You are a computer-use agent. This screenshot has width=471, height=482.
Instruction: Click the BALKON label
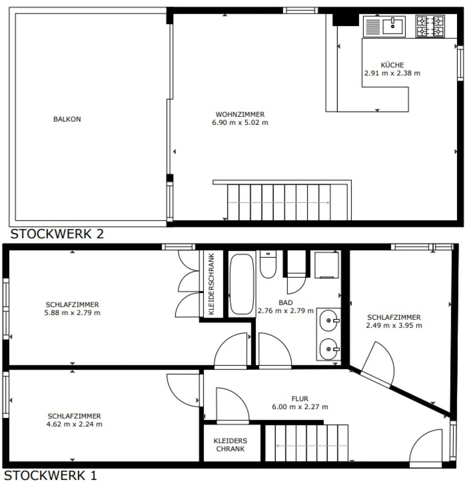[67, 119]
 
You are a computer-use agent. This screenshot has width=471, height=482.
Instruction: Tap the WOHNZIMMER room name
[240, 115]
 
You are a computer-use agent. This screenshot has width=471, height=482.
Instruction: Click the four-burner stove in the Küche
[430, 26]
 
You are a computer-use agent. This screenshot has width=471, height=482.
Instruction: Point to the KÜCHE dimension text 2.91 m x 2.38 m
[392, 73]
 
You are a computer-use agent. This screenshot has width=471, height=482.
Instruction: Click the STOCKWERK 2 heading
[57, 234]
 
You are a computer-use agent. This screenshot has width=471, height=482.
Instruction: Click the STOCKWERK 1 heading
[50, 475]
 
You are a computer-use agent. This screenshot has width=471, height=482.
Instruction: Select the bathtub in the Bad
[242, 284]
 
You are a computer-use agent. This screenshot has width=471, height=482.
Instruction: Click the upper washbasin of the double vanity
[329, 320]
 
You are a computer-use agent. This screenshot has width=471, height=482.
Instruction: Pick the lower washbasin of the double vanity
[329, 349]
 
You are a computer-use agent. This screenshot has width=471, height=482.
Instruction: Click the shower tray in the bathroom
[327, 265]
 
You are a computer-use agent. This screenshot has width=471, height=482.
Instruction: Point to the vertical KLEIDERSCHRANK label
[211, 284]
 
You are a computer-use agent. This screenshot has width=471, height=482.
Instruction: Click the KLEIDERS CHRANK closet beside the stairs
[231, 445]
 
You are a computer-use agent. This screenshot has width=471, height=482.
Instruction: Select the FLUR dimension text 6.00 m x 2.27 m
[300, 407]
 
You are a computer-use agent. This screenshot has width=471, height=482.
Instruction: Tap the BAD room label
[286, 303]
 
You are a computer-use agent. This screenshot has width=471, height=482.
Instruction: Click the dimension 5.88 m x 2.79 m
[72, 313]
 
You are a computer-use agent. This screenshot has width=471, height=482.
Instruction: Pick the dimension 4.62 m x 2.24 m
[74, 424]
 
